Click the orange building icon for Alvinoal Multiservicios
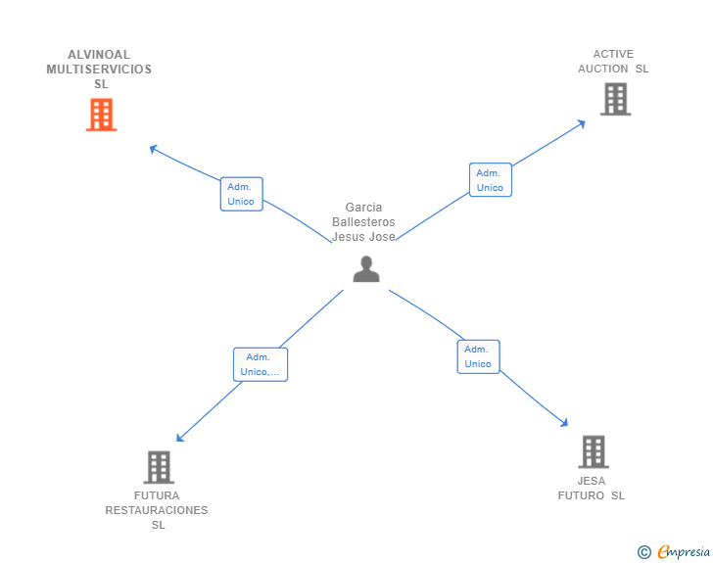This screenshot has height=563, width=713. (x=101, y=116)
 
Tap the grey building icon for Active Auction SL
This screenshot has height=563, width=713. (x=615, y=99)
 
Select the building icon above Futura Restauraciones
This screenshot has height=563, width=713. (x=159, y=467)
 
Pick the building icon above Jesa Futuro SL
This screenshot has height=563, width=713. (x=593, y=451)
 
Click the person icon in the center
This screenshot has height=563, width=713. (x=366, y=269)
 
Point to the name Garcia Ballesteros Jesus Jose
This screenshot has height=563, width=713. (x=363, y=222)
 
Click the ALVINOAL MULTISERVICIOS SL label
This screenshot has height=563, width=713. (x=99, y=69)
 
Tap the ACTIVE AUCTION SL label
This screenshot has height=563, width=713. (x=613, y=62)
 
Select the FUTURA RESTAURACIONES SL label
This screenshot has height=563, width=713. (x=157, y=510)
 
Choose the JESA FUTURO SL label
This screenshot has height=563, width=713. (x=592, y=488)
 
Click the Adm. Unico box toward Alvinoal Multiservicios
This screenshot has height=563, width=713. (x=241, y=194)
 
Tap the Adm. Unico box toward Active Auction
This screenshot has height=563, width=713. (x=490, y=180)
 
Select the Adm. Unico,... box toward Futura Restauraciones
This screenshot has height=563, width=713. (x=261, y=364)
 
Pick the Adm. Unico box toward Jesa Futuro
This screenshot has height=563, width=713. (x=478, y=356)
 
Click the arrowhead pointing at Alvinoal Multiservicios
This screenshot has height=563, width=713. (x=153, y=149)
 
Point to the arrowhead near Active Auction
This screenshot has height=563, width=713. (x=581, y=123)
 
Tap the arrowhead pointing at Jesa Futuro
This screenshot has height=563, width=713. (x=564, y=423)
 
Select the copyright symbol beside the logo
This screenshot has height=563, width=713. (x=643, y=553)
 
